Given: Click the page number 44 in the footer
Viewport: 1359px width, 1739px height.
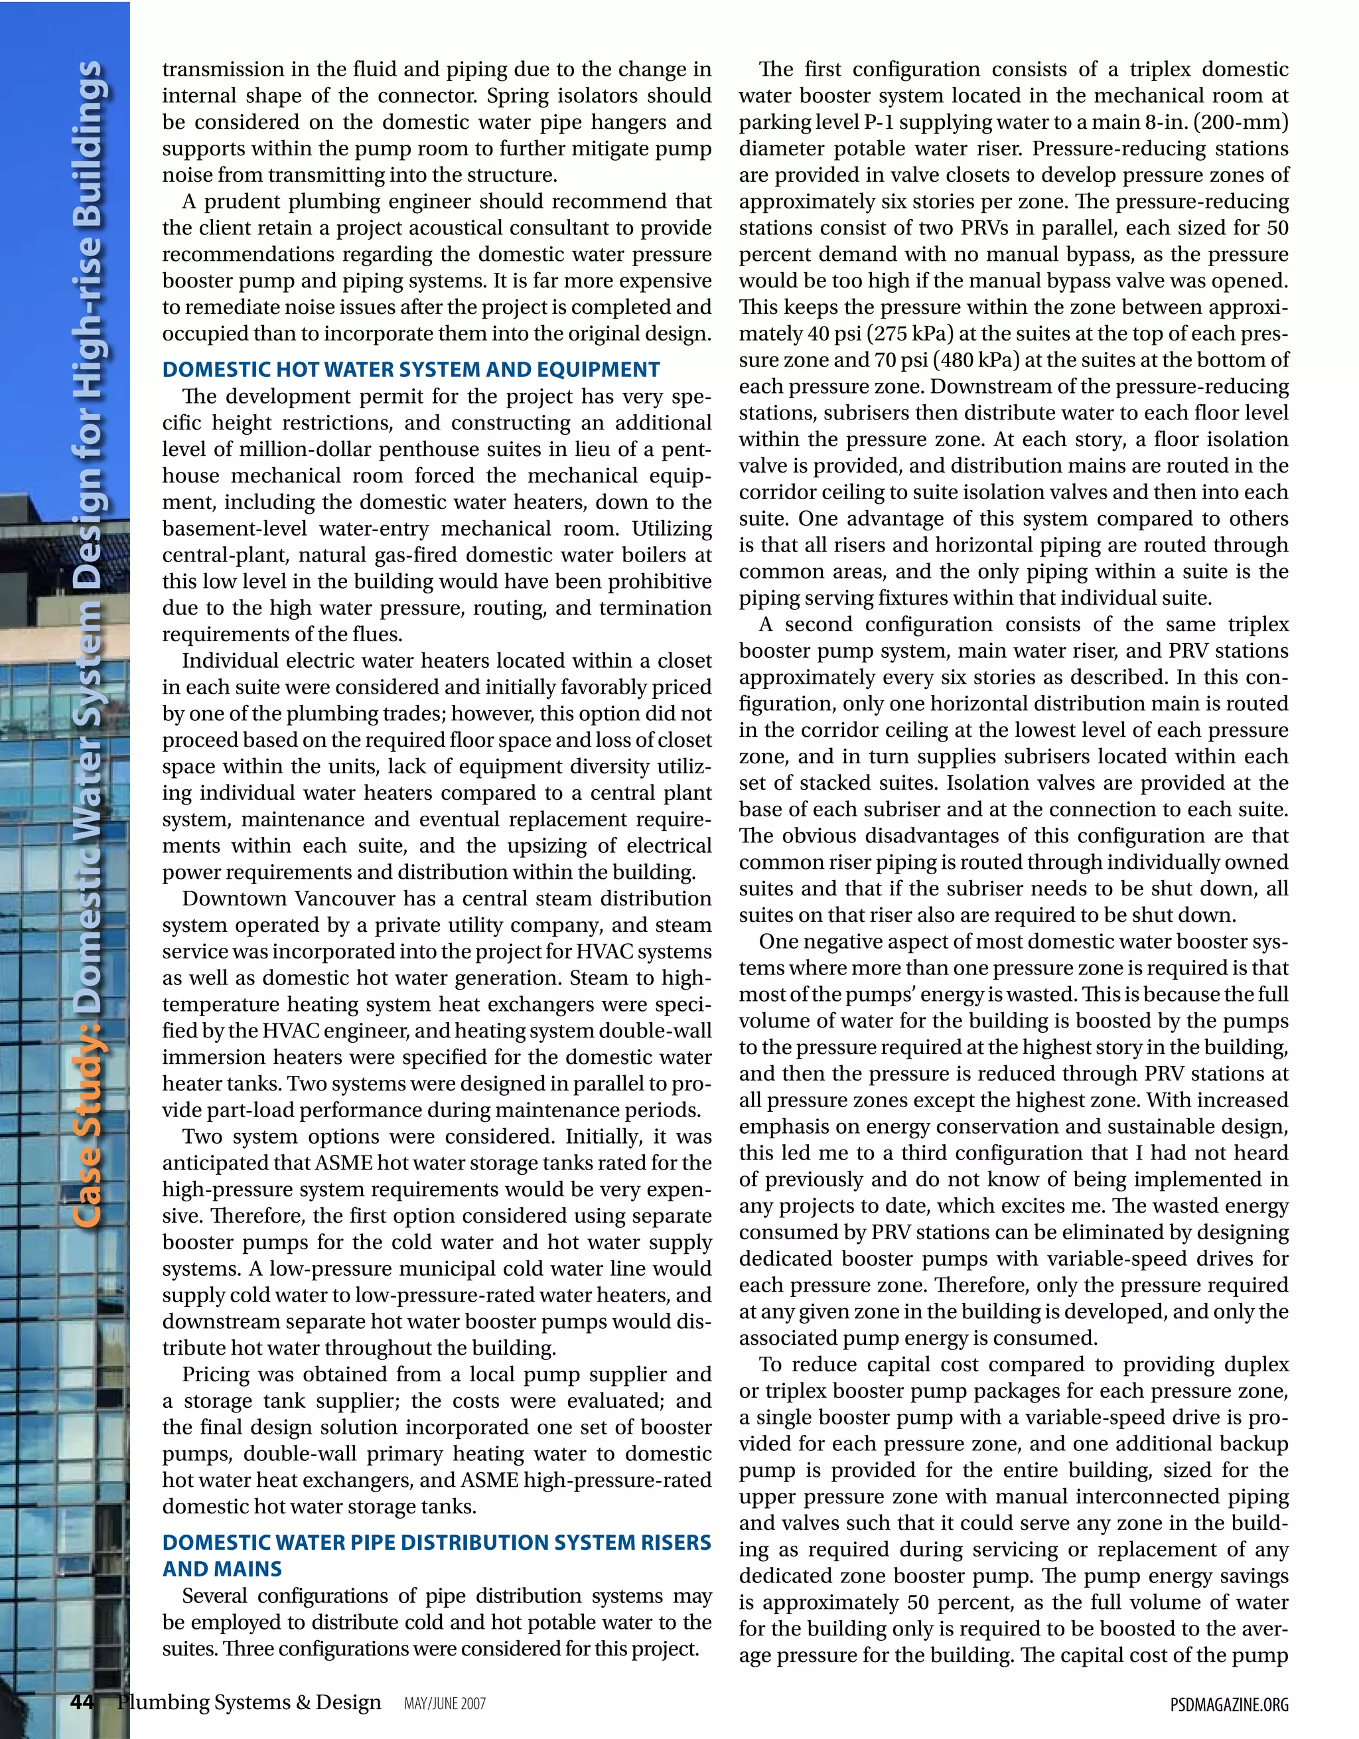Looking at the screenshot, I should click(82, 1702).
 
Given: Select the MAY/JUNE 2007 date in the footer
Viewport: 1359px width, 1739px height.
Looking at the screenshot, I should click(444, 1704).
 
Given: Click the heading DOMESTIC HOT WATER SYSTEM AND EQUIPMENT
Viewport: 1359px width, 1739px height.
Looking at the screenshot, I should click(411, 370).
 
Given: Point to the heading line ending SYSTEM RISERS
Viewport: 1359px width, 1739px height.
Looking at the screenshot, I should click(436, 1543).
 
